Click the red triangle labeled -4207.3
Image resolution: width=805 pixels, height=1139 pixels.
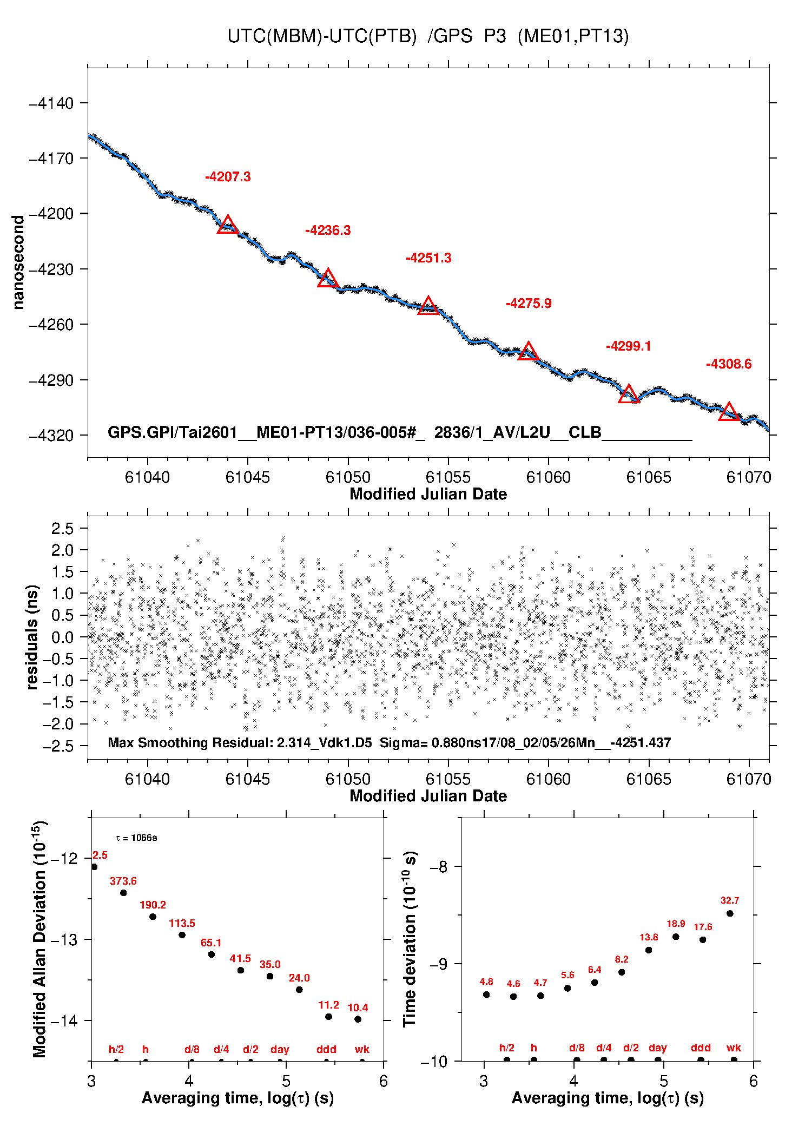[228, 225]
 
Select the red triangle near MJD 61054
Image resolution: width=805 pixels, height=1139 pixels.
[428, 306]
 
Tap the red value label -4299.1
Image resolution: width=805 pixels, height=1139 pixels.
[628, 346]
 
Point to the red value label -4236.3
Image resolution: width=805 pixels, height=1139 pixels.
[328, 231]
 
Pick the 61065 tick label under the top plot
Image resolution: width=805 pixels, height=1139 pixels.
[649, 477]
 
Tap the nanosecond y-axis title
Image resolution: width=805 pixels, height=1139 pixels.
[18, 262]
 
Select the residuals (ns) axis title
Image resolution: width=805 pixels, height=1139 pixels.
[32, 637]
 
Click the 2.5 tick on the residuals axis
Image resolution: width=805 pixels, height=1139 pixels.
[62, 529]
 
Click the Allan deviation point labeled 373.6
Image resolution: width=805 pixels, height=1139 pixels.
[123, 893]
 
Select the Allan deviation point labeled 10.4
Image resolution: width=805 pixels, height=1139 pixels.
[358, 1019]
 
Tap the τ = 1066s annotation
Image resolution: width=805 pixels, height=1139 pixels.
[136, 838]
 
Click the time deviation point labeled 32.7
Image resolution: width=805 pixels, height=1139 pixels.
[730, 913]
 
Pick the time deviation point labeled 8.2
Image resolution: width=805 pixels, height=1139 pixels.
[622, 972]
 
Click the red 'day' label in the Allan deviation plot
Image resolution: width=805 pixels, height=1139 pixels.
[280, 1049]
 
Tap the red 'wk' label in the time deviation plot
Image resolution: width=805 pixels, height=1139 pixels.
[734, 1048]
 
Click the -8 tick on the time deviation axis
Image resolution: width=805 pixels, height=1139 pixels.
[438, 867]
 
